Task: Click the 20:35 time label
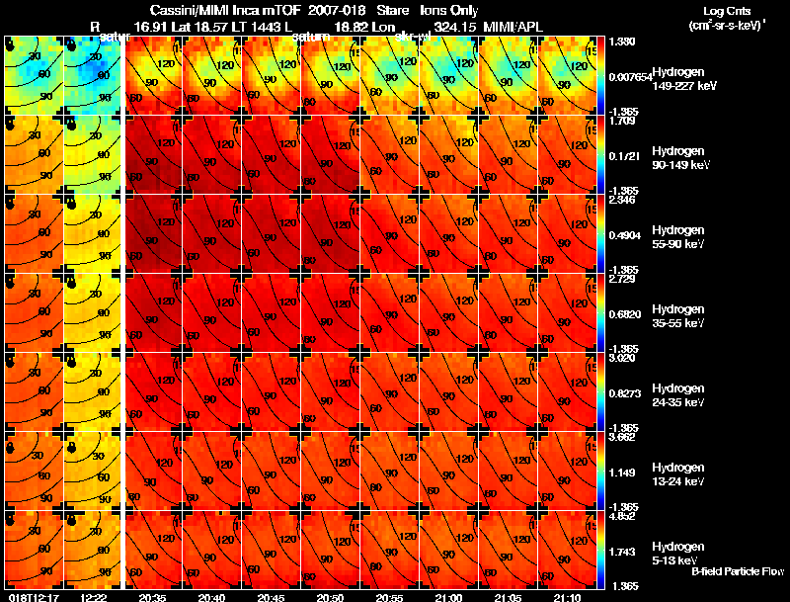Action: tap(152, 597)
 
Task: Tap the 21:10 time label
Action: tap(568, 597)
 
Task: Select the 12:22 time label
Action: tap(93, 597)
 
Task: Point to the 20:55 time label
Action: tap(389, 597)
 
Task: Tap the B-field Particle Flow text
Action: tap(737, 571)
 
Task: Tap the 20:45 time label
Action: tap(271, 597)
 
